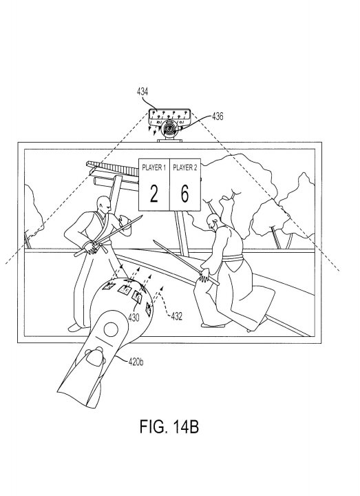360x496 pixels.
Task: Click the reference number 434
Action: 142,92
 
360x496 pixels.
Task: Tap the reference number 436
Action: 218,116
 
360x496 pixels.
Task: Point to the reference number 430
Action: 134,318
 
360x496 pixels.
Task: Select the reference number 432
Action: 176,316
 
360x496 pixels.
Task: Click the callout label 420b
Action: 136,362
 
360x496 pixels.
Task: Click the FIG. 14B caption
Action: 169,426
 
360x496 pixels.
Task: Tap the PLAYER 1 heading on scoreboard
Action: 154,167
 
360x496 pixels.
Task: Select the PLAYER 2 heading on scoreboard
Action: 185,167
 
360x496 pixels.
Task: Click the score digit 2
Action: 153,194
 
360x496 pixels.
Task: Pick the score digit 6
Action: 184,194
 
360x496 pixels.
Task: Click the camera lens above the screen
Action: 169,130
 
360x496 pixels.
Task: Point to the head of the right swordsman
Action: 213,222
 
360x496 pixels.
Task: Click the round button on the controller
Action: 111,329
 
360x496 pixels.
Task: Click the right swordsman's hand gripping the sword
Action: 204,275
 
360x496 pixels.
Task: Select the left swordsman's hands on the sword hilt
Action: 90,247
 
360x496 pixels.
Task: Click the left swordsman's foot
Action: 75,327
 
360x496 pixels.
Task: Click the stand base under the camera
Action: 169,140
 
